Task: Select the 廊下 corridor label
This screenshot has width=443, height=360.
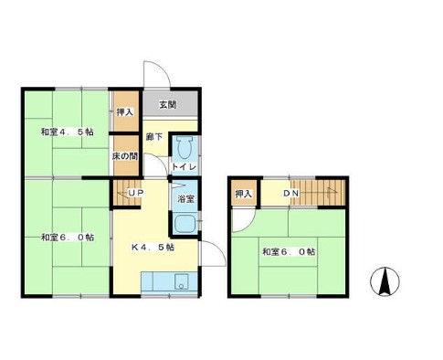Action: pyautogui.click(x=154, y=137)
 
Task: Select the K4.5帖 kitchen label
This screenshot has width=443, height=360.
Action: pyautogui.click(x=153, y=247)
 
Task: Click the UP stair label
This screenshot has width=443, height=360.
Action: pyautogui.click(x=134, y=194)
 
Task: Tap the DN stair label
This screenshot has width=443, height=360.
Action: pyautogui.click(x=290, y=194)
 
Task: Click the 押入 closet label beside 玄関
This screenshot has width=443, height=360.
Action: pyautogui.click(x=125, y=112)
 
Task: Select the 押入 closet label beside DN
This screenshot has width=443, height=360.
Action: pyautogui.click(x=242, y=194)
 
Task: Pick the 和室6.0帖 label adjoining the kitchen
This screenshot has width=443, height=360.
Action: pyautogui.click(x=66, y=238)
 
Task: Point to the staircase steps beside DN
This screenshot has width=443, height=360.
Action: pyautogui.click(x=324, y=193)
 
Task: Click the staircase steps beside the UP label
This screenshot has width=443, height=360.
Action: pyautogui.click(x=121, y=194)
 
